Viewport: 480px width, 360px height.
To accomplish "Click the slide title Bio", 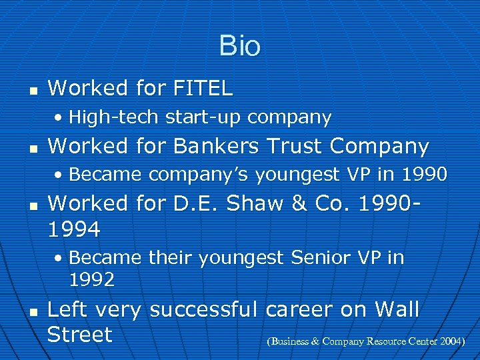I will (239, 47).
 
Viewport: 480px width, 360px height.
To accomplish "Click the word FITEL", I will (202, 88).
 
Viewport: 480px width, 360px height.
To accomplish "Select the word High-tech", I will (114, 118).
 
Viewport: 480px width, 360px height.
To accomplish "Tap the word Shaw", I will (257, 203).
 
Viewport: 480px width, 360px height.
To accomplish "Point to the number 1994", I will (74, 230).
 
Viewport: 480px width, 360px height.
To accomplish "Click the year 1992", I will (91, 279).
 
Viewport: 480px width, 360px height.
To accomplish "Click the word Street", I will (79, 334).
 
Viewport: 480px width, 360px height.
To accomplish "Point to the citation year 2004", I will (451, 341).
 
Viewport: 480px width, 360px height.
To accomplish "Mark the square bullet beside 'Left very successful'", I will (31, 311).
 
